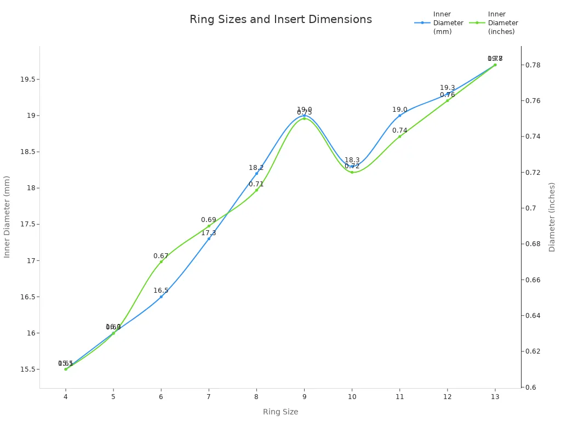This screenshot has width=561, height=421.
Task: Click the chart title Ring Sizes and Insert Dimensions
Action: tap(280, 20)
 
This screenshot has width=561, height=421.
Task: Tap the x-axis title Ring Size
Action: tap(280, 412)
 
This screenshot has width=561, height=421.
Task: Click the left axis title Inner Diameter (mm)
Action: tap(7, 217)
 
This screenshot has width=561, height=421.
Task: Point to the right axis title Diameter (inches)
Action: tap(552, 217)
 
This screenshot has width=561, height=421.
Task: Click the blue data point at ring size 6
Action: tap(161, 297)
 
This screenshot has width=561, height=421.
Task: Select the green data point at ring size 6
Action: tap(161, 261)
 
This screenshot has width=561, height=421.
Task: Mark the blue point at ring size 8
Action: tap(256, 173)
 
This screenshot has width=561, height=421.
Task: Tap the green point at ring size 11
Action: tap(400, 136)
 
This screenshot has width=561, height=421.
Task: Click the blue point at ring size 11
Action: tap(400, 115)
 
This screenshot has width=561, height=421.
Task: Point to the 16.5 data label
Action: tap(161, 291)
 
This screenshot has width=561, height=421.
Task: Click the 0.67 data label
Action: tap(161, 256)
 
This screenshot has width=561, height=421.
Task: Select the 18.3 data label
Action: tap(352, 160)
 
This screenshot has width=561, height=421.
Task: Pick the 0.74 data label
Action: tap(400, 130)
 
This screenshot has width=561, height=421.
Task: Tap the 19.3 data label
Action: tap(448, 88)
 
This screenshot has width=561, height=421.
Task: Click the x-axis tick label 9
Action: tap(304, 396)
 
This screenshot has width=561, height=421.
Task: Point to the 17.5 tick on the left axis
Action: tap(27, 224)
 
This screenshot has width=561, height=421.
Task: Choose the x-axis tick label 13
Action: tap(495, 396)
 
